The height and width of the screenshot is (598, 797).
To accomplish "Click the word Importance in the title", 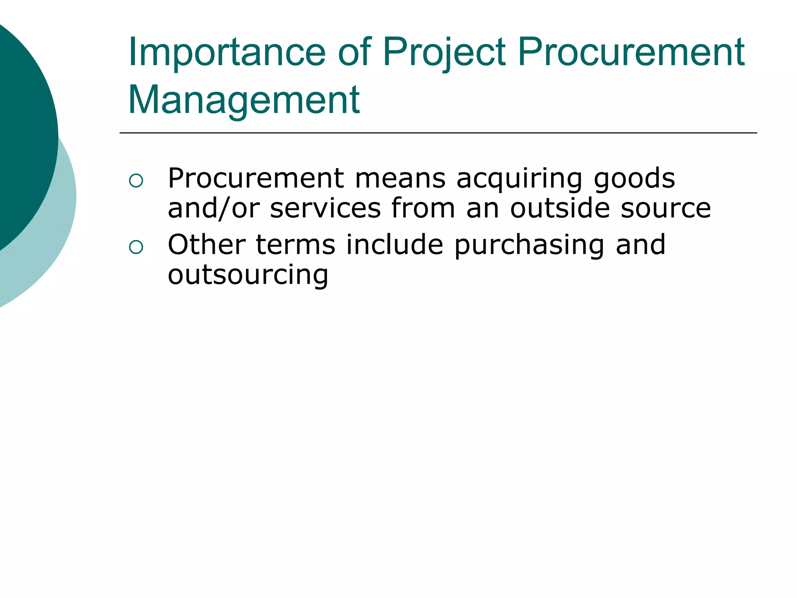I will pyautogui.click(x=226, y=52).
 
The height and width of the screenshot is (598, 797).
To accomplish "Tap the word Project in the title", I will pyautogui.click(x=444, y=52).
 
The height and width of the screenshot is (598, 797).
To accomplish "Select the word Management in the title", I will pyautogui.click(x=244, y=100).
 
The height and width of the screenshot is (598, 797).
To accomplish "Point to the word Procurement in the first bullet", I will pyautogui.click(x=256, y=178).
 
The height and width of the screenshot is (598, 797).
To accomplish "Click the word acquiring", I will pyautogui.click(x=519, y=179).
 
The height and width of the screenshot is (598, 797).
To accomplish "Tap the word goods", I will pyautogui.click(x=634, y=179).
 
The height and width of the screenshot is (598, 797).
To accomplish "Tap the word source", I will pyautogui.click(x=666, y=209).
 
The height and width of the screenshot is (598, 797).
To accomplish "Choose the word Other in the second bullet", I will pyautogui.click(x=207, y=245).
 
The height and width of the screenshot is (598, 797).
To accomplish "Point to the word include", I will pyautogui.click(x=395, y=245).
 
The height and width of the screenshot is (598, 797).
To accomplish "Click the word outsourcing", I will pyautogui.click(x=248, y=275).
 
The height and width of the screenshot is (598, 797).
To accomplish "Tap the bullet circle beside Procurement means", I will pyautogui.click(x=136, y=181).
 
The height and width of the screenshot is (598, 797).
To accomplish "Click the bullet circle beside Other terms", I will pyautogui.click(x=136, y=247).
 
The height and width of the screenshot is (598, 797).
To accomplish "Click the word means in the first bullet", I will pyautogui.click(x=400, y=179).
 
